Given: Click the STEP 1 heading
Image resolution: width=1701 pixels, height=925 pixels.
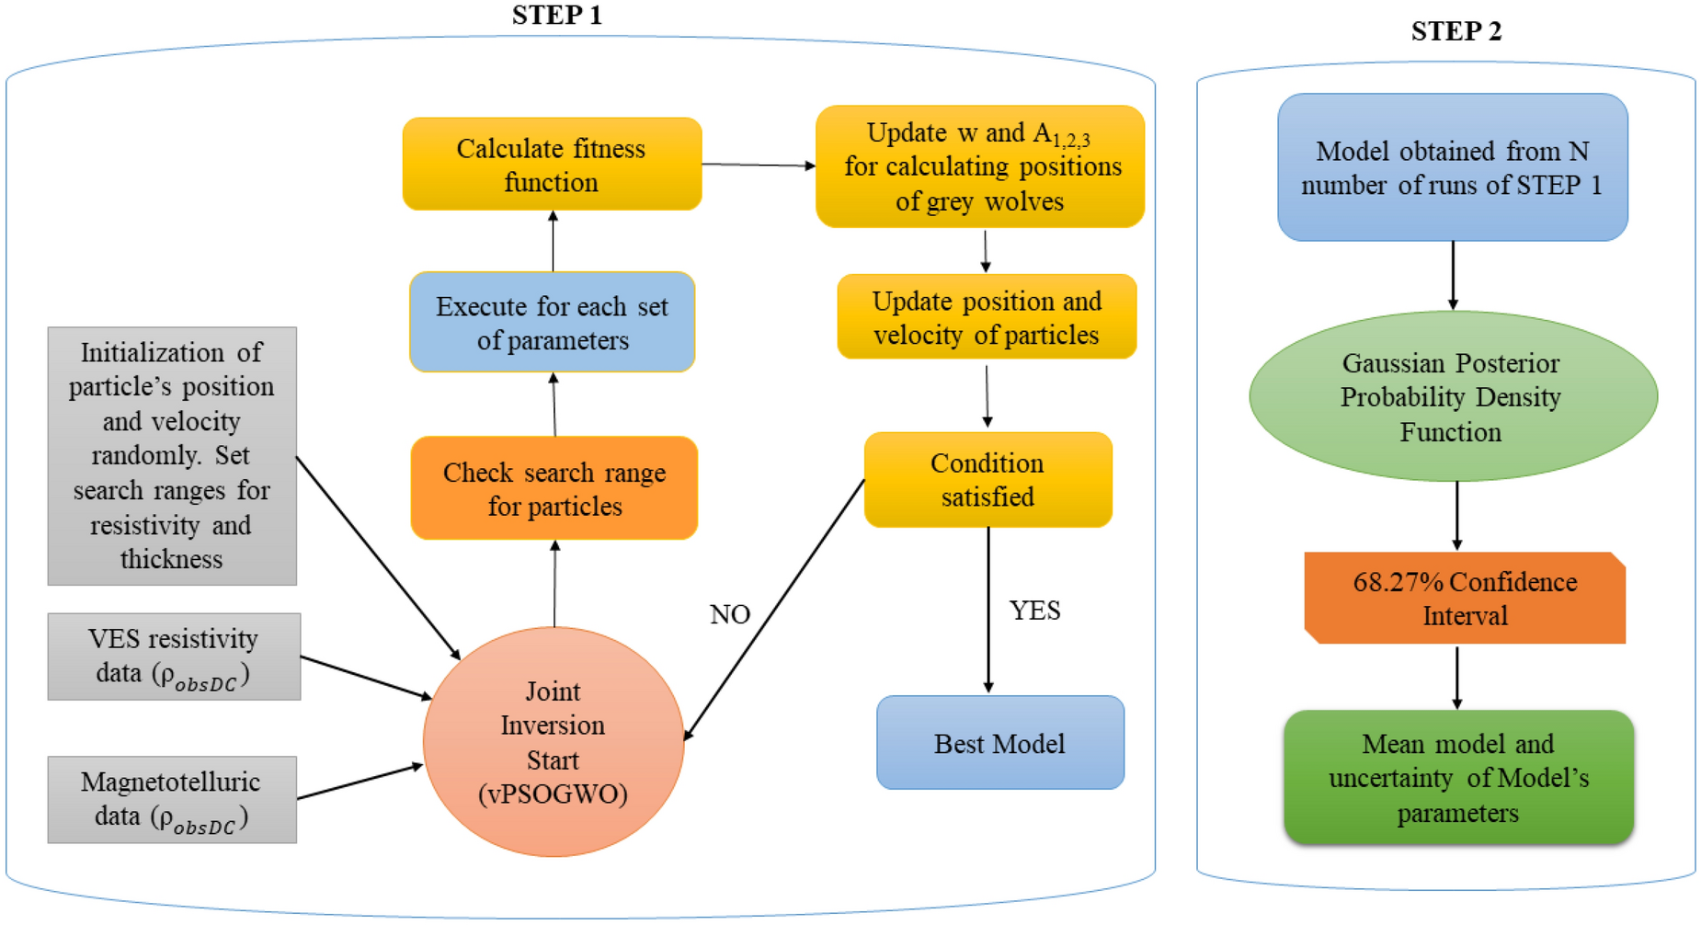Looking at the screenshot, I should pos(556,16).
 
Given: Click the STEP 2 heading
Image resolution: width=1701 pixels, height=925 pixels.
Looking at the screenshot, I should pos(1456,31).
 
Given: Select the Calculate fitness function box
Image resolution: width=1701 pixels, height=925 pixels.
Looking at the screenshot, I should pos(552,165).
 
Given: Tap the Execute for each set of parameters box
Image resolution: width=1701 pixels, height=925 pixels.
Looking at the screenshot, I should pos(552,323).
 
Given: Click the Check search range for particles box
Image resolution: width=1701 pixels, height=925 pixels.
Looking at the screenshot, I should pos(554,488).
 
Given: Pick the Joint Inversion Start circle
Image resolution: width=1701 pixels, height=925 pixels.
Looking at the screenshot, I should pos(553,742).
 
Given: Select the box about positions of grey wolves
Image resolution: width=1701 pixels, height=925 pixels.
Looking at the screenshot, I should pos(980,166).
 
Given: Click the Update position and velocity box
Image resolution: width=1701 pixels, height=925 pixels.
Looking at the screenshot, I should pos(987,317).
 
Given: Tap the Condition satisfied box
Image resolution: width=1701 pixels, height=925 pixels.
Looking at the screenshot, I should pos(987,480).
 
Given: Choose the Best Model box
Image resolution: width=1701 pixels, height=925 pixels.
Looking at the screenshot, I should pos(999,743).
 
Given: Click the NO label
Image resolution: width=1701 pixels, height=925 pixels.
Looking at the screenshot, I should pos(730,614).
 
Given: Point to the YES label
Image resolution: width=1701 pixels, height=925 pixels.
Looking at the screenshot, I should pos(1034,611).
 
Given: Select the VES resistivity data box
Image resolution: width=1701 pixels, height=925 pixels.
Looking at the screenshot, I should pos(174,657).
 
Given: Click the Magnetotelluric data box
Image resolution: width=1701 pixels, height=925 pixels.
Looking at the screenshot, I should pos(172,799).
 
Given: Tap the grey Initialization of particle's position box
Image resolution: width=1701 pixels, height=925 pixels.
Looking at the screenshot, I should pos(172,456).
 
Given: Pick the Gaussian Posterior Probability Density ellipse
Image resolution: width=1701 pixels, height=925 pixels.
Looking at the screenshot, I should pos(1452,397).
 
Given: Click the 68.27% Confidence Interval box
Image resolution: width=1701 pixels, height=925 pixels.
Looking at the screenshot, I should pos(1464,599).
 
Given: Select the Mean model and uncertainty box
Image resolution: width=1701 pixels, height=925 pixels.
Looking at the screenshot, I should pos(1458,778).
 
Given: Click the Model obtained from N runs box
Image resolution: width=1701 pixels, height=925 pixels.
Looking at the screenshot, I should pos(1452,167).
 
